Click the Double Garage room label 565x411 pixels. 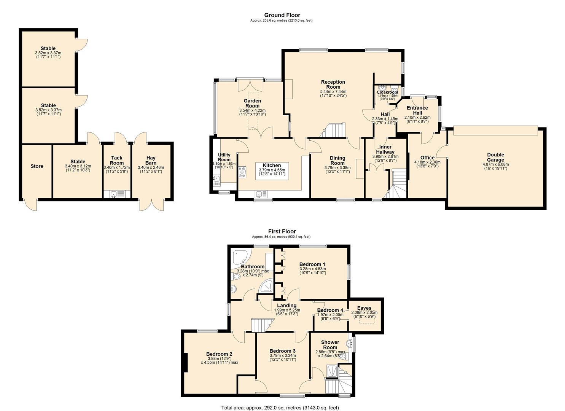[495, 157]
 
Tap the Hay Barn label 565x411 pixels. [151, 160]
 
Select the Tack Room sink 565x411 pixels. [114, 194]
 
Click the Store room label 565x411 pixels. [37, 166]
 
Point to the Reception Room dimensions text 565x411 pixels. [333, 94]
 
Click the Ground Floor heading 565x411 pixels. [282, 15]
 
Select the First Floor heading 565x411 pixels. [282, 231]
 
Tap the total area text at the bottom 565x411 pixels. [280, 408]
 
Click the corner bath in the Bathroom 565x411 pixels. [240, 257]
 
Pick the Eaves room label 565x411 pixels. [364, 308]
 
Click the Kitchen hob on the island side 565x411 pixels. [242, 172]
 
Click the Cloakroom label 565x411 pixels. [387, 92]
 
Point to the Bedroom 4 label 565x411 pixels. [330, 310]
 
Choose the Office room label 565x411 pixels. [427, 158]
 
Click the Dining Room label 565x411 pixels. [337, 160]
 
